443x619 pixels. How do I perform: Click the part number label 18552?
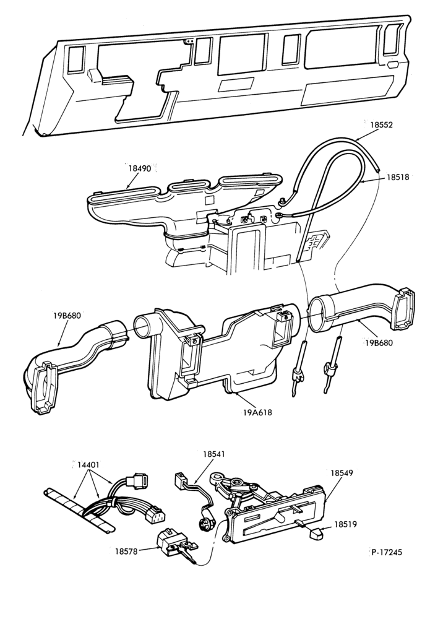[x=381, y=124]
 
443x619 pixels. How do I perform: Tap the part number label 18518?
[x=398, y=177]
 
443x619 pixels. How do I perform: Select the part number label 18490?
[x=140, y=168]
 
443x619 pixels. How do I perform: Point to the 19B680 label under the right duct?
[x=379, y=343]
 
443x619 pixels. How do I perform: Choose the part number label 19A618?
[x=258, y=413]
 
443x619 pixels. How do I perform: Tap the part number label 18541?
[x=214, y=454]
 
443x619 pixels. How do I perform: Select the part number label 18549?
[x=342, y=472]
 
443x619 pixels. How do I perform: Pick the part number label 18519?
[x=346, y=524]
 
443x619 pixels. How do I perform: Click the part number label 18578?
[x=126, y=551]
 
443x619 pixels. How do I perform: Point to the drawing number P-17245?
[x=387, y=552]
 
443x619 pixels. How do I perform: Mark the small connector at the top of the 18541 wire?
[x=180, y=480]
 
